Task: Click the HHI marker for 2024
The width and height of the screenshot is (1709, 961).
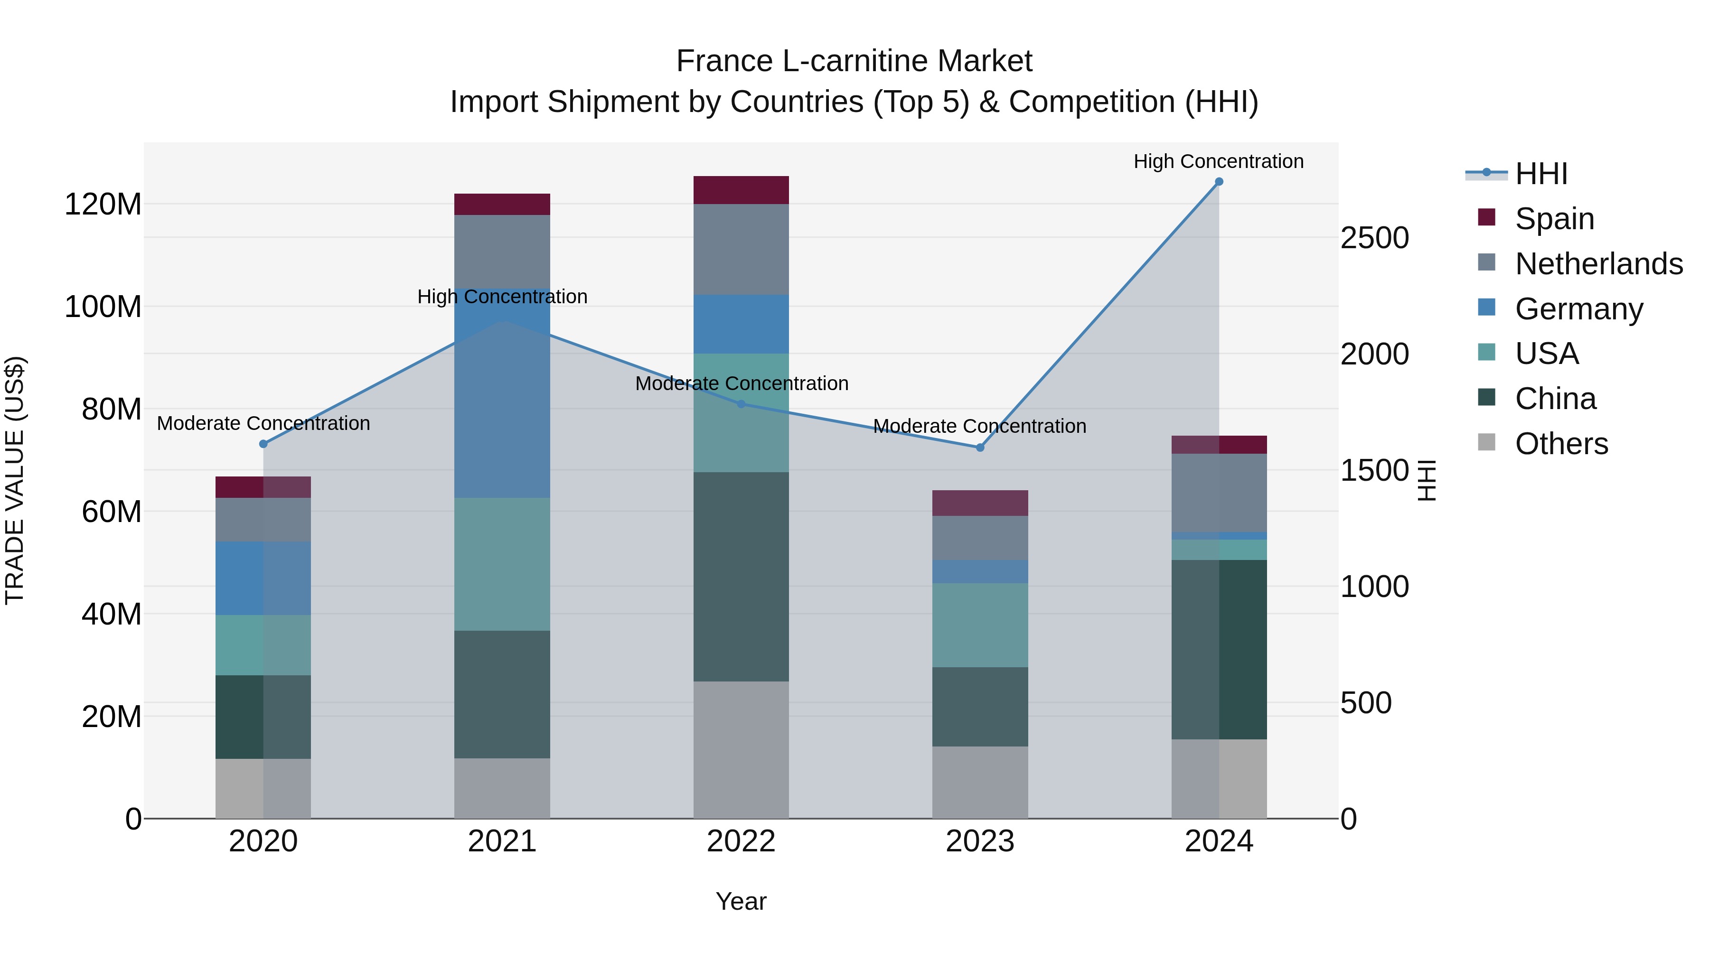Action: click(1219, 182)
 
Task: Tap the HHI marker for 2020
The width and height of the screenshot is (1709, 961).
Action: click(263, 444)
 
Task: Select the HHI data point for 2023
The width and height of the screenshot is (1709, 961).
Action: click(980, 448)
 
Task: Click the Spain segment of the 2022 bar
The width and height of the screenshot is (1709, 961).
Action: click(741, 190)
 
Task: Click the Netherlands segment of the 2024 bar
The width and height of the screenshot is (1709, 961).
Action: click(1219, 493)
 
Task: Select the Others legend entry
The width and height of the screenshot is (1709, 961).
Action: click(1561, 444)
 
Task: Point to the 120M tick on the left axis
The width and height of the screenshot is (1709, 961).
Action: click(103, 204)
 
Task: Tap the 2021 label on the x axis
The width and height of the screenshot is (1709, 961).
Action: click(502, 841)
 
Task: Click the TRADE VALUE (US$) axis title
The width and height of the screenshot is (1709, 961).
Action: click(15, 480)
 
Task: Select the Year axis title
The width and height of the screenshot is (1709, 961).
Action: click(741, 901)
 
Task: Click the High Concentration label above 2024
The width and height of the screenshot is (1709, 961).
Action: click(1218, 161)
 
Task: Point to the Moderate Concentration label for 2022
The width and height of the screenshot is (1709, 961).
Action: click(742, 383)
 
